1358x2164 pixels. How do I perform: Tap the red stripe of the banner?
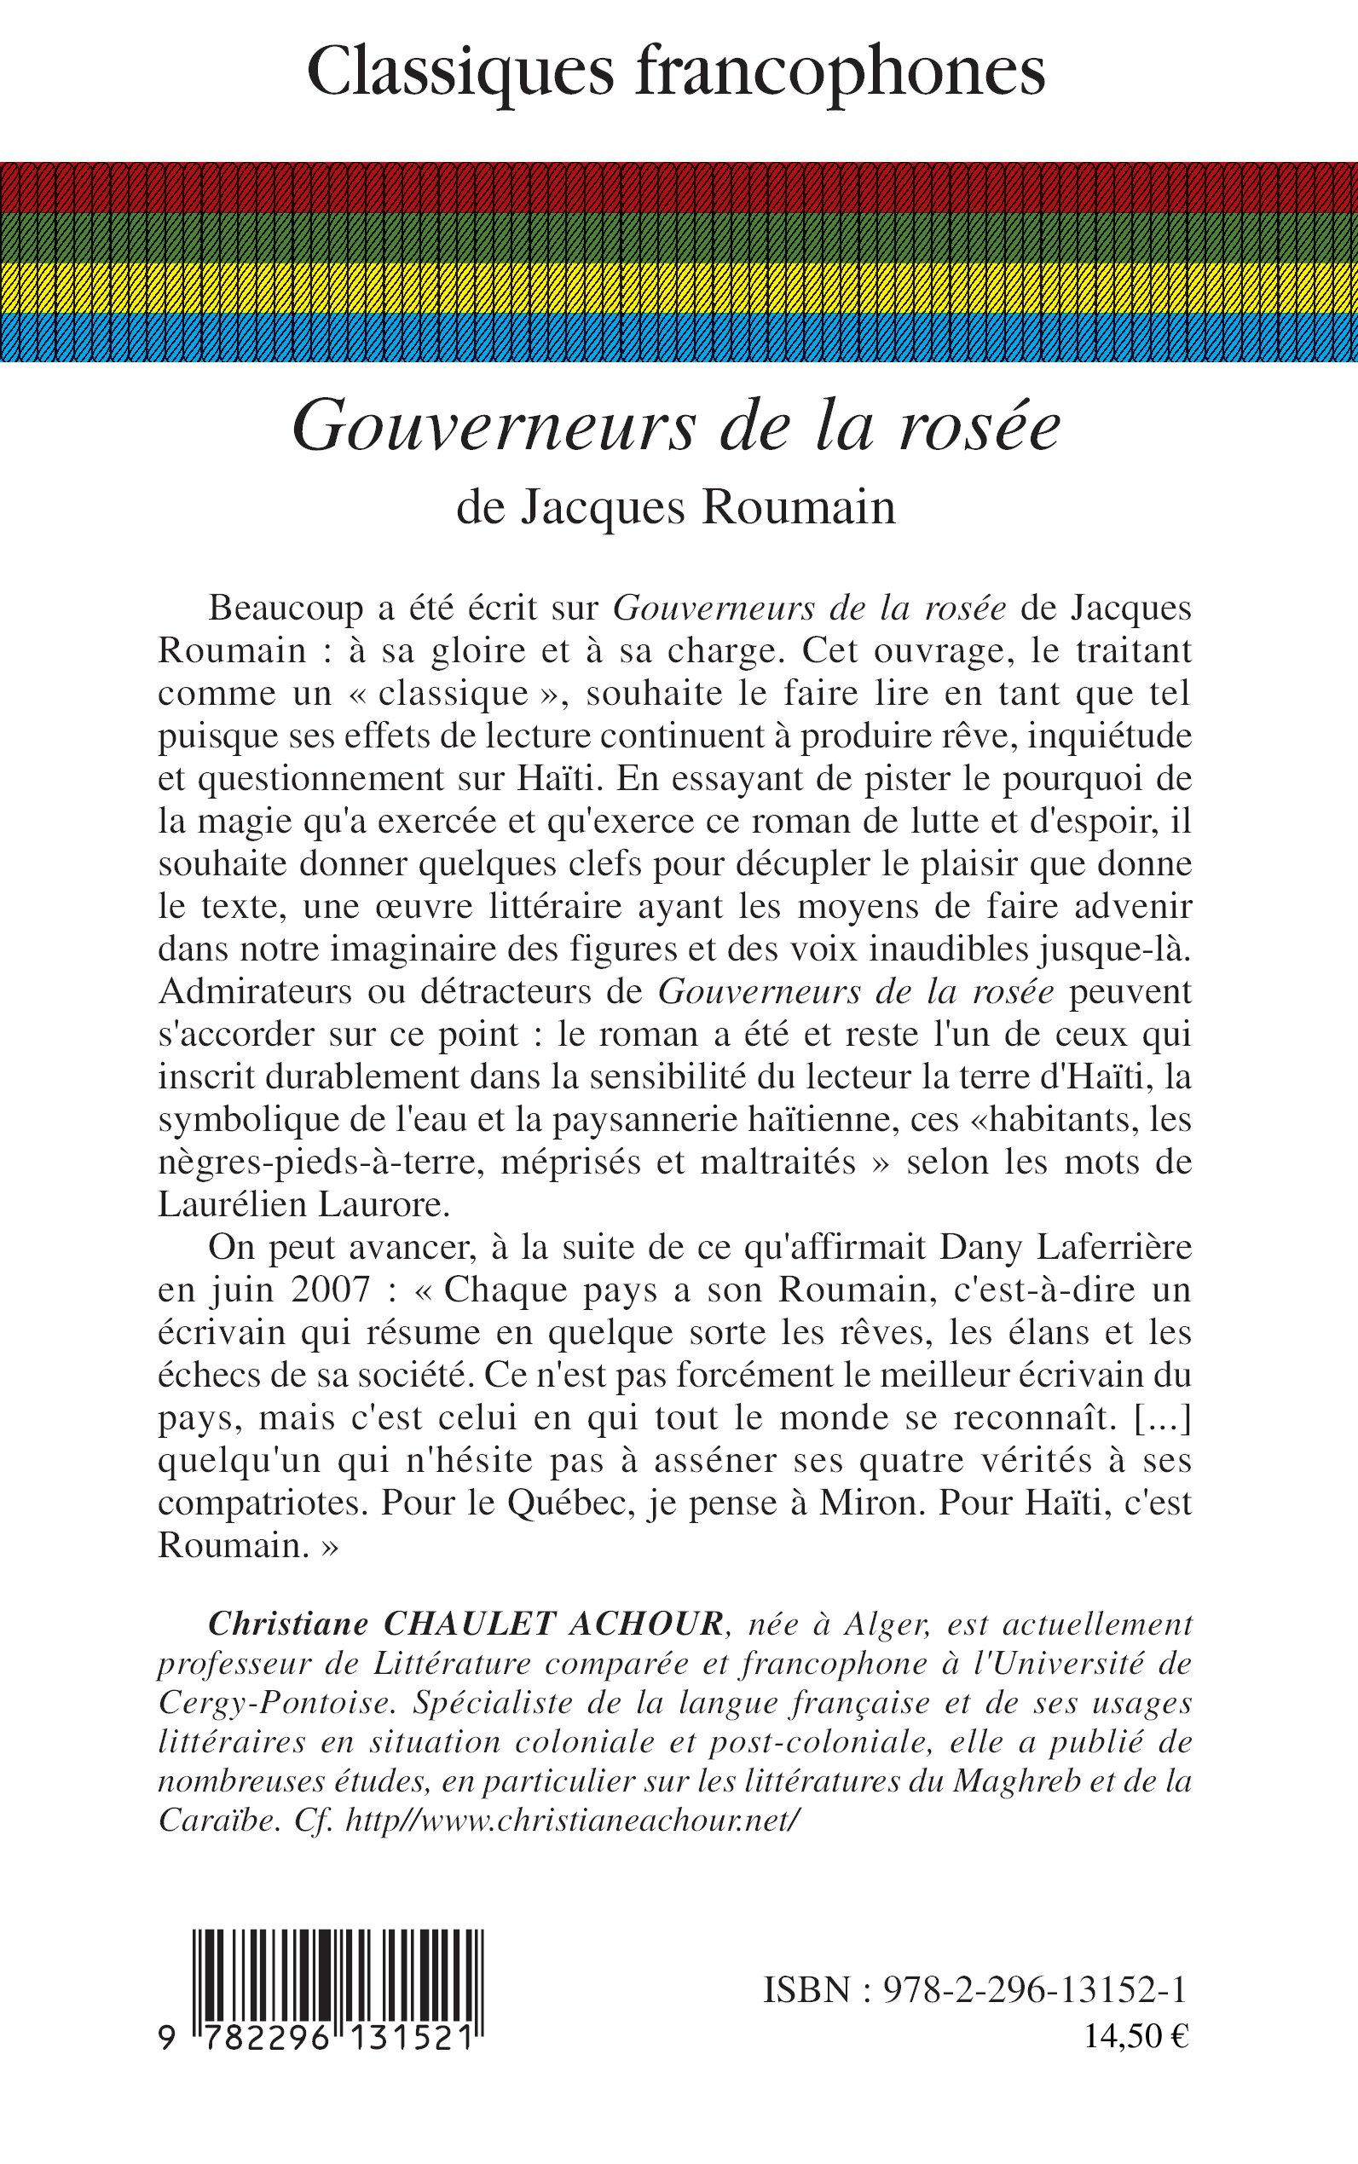point(679,187)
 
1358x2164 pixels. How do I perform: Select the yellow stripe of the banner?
point(679,287)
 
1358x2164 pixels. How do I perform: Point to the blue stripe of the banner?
point(679,337)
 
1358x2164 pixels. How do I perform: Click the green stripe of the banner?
point(679,237)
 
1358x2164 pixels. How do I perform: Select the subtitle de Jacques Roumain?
point(676,507)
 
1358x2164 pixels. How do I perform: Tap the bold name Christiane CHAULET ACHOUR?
point(466,1624)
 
